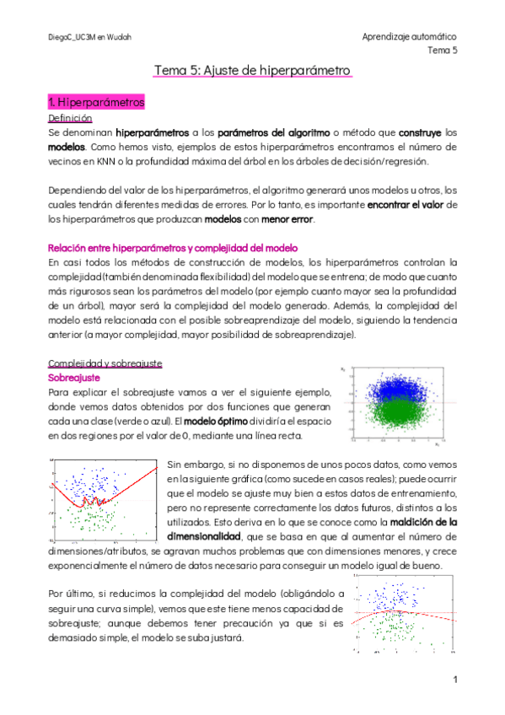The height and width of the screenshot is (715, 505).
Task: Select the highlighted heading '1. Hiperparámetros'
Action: [97, 102]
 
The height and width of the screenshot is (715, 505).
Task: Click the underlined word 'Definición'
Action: [70, 119]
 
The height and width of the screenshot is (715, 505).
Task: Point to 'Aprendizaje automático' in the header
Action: [409, 37]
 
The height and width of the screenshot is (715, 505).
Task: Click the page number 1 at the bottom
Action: [454, 680]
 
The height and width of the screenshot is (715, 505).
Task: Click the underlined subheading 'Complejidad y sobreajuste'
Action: [105, 363]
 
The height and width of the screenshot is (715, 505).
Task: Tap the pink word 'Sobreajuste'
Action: [75, 378]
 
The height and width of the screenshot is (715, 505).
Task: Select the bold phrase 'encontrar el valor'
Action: [408, 205]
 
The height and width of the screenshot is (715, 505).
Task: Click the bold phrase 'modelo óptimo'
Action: [222, 421]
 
